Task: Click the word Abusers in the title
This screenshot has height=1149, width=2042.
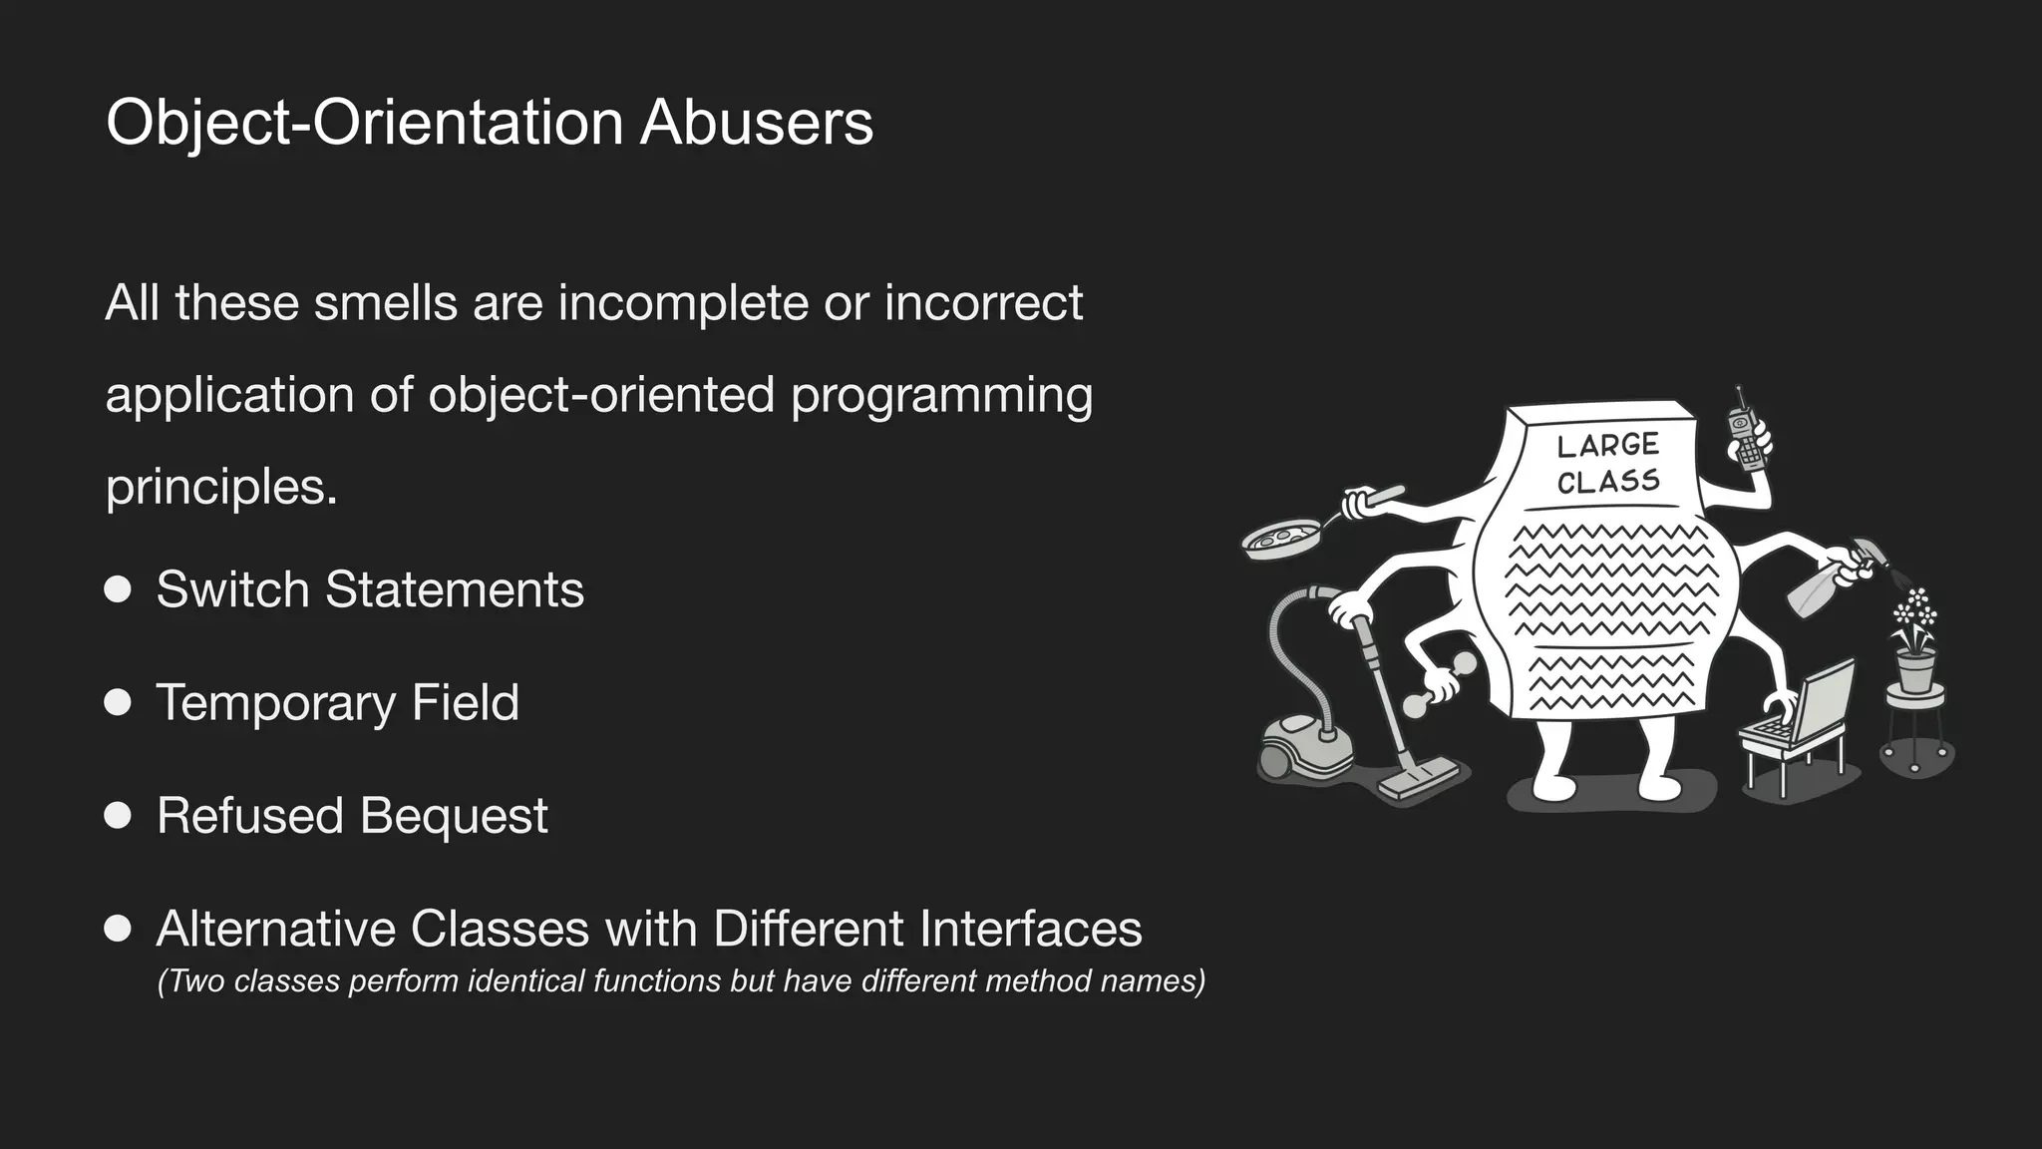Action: pyautogui.click(x=756, y=123)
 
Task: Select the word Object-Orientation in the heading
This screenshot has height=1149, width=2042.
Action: pyautogui.click(x=364, y=123)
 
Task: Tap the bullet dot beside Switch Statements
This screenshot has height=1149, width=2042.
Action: pyautogui.click(x=118, y=589)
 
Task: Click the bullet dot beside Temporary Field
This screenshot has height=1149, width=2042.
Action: pyautogui.click(x=118, y=702)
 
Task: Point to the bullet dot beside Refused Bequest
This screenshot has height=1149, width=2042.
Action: pyautogui.click(x=118, y=816)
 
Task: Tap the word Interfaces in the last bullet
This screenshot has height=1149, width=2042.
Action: pyautogui.click(x=1030, y=929)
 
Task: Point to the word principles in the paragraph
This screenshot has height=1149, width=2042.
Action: pyautogui.click(x=220, y=488)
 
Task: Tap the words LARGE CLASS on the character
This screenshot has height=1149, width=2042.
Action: pyautogui.click(x=1607, y=464)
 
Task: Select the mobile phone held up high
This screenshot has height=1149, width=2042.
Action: pyautogui.click(x=1747, y=437)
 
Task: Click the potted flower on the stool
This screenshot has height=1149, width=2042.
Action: pyautogui.click(x=1915, y=643)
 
